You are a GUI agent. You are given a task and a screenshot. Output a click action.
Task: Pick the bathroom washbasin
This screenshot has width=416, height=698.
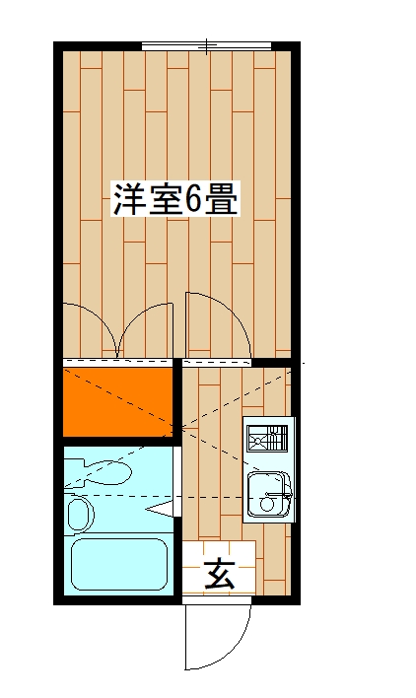coord(78,513)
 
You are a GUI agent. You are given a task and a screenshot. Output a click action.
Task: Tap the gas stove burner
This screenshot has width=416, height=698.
coord(267,436)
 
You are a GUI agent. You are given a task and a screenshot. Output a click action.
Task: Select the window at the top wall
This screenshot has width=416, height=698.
coord(206,45)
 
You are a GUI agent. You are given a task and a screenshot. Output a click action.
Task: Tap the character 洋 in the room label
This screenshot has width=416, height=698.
coord(127,201)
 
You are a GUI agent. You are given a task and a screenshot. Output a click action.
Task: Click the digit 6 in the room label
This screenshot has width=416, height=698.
coord(193,201)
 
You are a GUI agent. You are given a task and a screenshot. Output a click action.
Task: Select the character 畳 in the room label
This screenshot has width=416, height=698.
coord(223,201)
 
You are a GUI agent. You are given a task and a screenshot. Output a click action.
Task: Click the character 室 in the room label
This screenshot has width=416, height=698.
coord(161,201)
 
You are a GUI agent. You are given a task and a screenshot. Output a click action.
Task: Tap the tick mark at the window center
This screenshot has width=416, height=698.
coord(206,44)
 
